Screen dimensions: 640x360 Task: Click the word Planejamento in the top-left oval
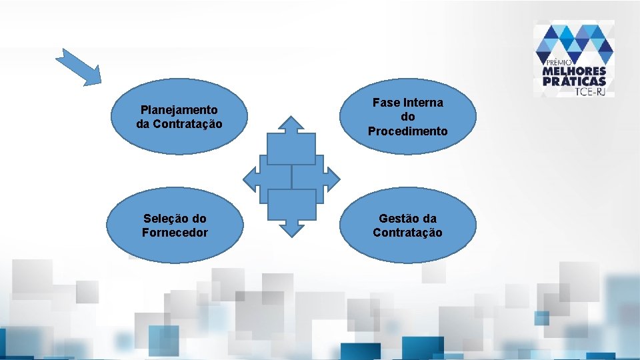pyautogui.click(x=179, y=109)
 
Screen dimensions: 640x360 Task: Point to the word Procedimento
pyautogui.click(x=407, y=131)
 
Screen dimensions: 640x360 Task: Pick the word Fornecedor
pyautogui.click(x=175, y=233)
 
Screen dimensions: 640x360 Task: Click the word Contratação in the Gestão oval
pyautogui.click(x=407, y=233)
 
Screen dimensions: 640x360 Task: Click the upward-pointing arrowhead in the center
pyautogui.click(x=291, y=124)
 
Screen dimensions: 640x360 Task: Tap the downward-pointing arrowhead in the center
pyautogui.click(x=291, y=229)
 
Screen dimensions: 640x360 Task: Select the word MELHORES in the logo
pyautogui.click(x=575, y=71)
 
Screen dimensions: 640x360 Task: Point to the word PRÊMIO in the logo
pyautogui.click(x=559, y=61)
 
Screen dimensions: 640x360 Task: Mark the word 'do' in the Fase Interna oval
pyautogui.click(x=407, y=117)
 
